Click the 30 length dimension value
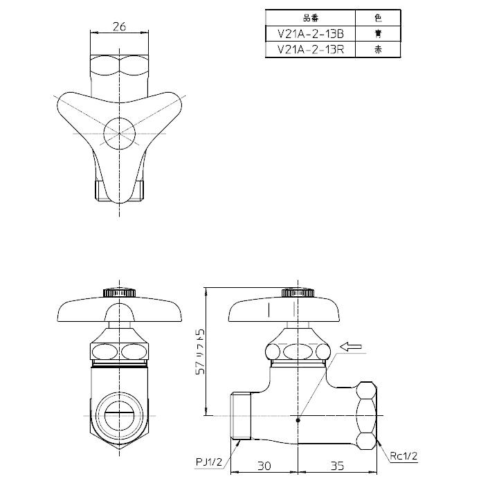click(x=264, y=466)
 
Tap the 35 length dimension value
click(x=337, y=466)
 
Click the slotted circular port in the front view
click(x=118, y=413)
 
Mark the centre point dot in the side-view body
click(x=298, y=417)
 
